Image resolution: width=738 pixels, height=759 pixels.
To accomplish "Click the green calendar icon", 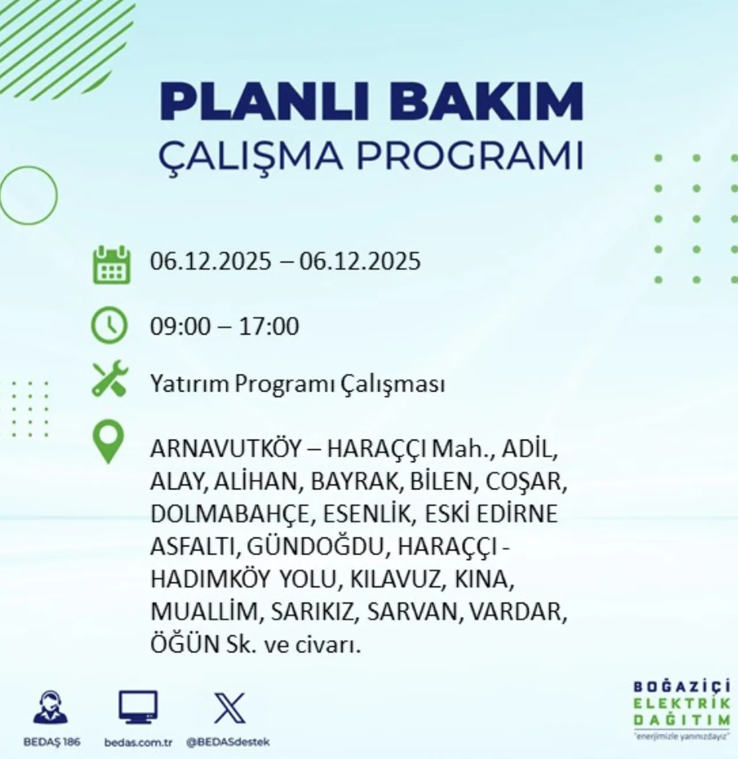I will click(111, 265).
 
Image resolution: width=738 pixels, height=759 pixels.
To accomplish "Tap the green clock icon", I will click(109, 326).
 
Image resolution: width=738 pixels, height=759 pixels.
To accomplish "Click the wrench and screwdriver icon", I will click(110, 378).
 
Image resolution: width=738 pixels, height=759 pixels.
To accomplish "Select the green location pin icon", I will click(108, 441).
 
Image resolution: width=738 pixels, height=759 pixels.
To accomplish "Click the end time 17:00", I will click(269, 326).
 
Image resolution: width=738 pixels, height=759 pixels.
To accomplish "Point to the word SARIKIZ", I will click(312, 612).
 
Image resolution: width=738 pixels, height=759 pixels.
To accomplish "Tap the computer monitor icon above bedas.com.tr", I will click(138, 707).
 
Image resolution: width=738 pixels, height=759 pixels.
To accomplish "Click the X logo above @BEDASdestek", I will click(229, 709).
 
